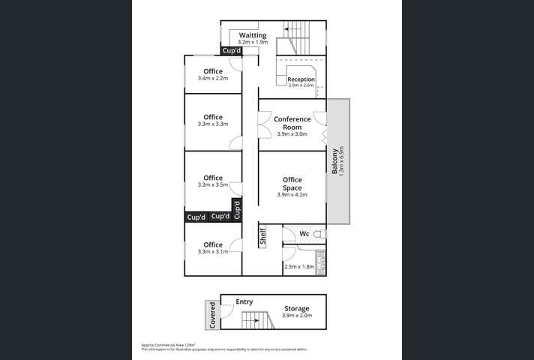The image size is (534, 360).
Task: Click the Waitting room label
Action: (x=253, y=35)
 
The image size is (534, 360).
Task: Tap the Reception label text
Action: (x=301, y=79)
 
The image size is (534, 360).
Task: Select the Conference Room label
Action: (x=292, y=123)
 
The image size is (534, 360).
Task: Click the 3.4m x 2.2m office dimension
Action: (x=213, y=79)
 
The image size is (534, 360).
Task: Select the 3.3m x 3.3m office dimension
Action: (x=213, y=124)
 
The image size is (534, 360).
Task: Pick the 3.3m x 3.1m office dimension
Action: (x=213, y=252)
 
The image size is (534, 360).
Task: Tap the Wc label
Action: (x=304, y=234)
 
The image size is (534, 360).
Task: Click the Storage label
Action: (x=296, y=308)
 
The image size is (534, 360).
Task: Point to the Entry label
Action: (x=244, y=301)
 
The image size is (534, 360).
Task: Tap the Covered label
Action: (x=212, y=314)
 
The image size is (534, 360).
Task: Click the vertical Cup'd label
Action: (x=237, y=209)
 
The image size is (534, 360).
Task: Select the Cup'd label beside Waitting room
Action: (x=231, y=51)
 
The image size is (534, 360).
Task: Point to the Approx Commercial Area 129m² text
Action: (x=163, y=345)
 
